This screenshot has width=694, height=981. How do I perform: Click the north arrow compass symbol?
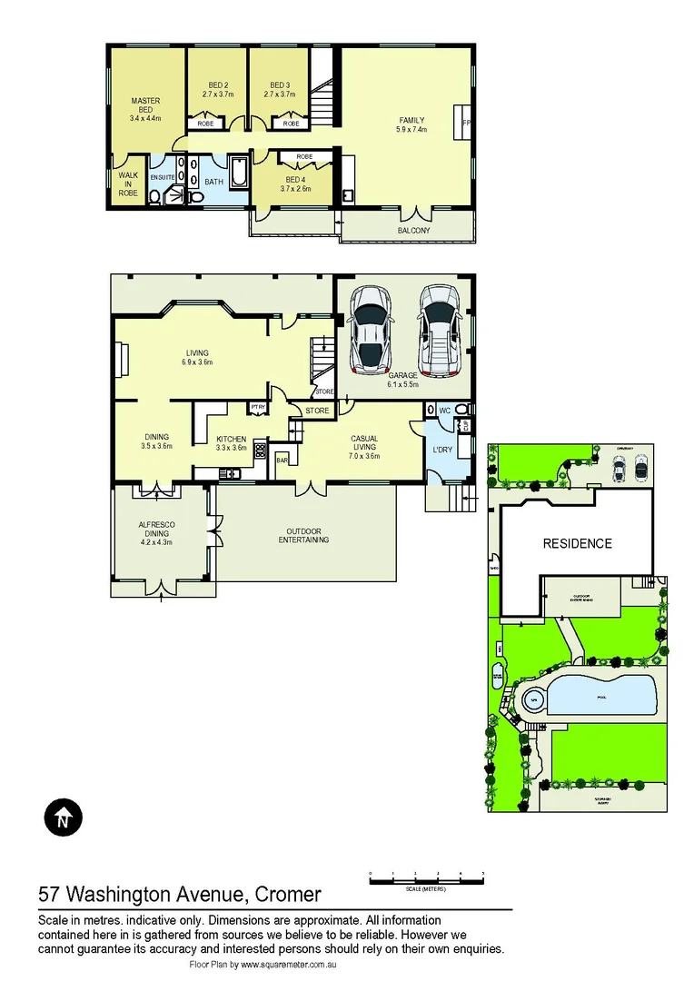click(63, 817)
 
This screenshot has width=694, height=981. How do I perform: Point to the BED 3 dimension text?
click(280, 94)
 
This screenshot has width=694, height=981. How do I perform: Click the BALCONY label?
click(413, 231)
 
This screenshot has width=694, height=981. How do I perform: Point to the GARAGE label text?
click(402, 374)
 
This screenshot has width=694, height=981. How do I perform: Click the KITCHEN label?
click(231, 439)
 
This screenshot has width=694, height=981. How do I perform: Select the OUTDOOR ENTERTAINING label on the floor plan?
click(304, 536)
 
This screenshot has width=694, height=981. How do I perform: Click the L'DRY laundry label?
click(442, 450)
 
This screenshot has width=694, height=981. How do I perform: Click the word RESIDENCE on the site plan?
click(578, 543)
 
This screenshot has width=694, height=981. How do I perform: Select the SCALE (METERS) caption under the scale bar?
click(426, 889)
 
